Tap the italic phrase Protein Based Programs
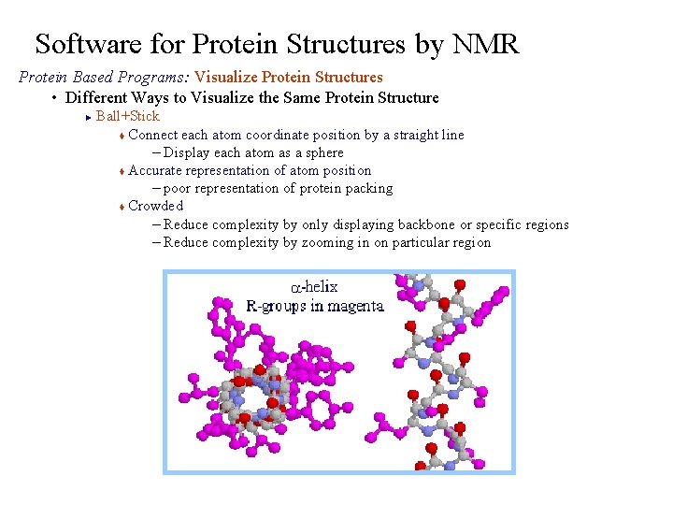click(x=103, y=78)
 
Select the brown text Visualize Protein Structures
click(x=288, y=78)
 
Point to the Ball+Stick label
click(x=127, y=116)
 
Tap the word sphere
click(x=323, y=152)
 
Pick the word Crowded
click(x=156, y=206)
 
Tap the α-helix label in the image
click(x=314, y=287)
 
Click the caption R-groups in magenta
click(x=315, y=306)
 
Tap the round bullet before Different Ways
click(x=55, y=98)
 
